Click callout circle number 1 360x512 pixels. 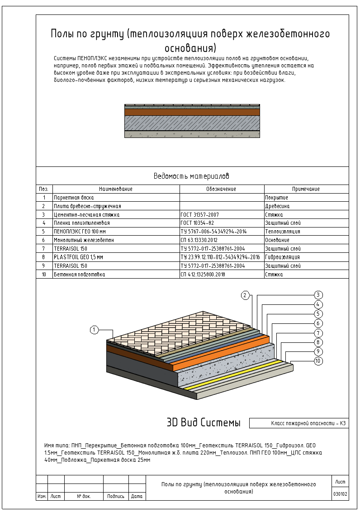tap(94, 330)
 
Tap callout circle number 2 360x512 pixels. tap(245, 295)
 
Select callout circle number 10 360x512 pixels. tap(318, 361)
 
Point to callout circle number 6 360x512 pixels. tap(318, 323)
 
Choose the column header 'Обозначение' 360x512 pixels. tap(222, 189)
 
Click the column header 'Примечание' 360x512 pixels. tap(306, 189)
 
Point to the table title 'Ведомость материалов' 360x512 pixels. tap(192, 176)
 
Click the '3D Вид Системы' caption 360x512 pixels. tap(204, 423)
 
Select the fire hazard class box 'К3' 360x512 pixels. tap(299, 423)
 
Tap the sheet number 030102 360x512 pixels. tap(340, 494)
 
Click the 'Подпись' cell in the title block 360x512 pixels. tap(116, 496)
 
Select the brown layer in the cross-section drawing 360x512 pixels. tap(192, 112)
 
